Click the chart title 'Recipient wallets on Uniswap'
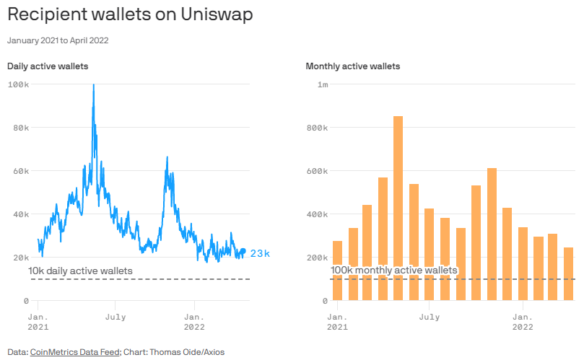point(130,15)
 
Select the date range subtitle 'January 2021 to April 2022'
point(58,40)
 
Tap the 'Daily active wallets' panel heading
point(48,66)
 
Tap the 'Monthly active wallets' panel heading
point(353,66)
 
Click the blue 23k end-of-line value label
point(260,253)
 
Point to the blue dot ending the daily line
point(243,251)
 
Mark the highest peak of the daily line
point(93,86)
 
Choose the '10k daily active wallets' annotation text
point(80,271)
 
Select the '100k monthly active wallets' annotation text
point(394,270)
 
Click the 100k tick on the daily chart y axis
point(18,84)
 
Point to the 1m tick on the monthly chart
point(323,84)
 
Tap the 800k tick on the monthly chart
point(317,128)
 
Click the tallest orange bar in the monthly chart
point(398,208)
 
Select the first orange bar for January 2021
point(337,271)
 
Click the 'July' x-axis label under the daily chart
point(116,317)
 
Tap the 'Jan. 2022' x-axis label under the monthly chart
point(523,322)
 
